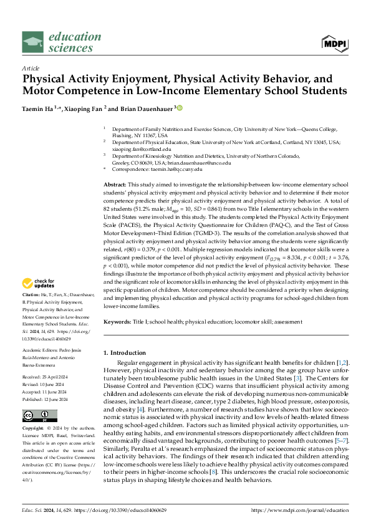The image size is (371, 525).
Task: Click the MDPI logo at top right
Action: (x=334, y=42)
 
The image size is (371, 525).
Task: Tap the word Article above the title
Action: (x=30, y=67)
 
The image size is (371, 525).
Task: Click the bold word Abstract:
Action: (x=115, y=185)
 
